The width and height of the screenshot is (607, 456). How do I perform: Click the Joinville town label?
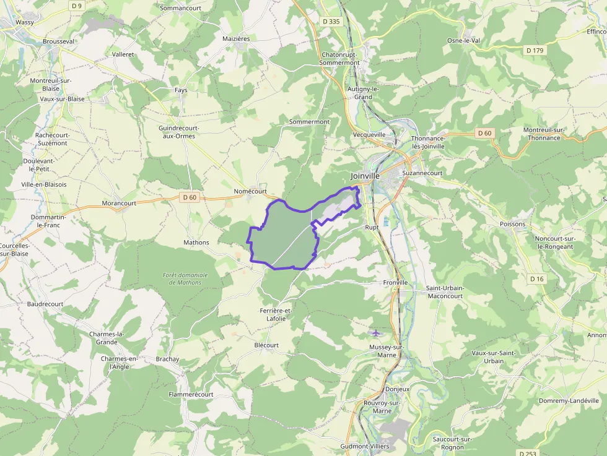point(365,176)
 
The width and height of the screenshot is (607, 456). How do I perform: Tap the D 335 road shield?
point(331,22)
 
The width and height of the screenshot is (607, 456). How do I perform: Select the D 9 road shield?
point(76,6)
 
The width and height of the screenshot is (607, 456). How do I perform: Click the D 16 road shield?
point(537,279)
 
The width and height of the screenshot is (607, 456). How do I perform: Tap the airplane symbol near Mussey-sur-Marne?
point(375,333)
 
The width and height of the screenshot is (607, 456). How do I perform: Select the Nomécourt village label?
point(250,192)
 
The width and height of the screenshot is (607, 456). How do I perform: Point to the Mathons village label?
point(196,243)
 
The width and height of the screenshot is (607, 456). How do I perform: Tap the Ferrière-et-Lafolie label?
point(276,314)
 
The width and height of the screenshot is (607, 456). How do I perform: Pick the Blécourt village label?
point(266,345)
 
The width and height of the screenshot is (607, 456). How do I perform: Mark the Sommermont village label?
point(309,122)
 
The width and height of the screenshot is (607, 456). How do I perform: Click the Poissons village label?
point(512,224)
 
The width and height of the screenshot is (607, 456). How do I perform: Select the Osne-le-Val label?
point(464,41)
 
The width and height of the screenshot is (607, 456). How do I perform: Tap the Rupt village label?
point(372,227)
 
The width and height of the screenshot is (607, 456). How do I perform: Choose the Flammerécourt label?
point(191,394)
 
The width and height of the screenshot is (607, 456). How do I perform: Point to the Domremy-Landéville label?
point(569,400)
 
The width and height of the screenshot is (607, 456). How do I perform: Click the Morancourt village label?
point(119,203)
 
